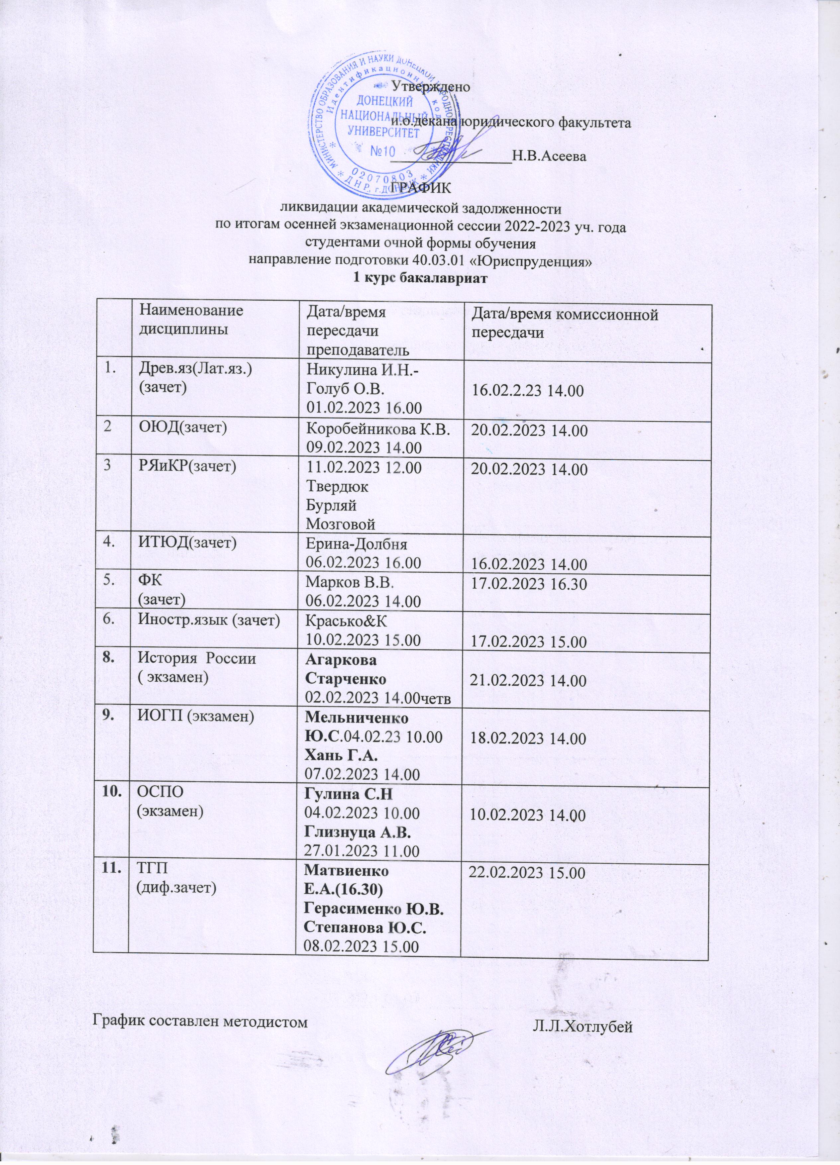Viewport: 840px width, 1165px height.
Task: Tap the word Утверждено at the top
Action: tap(431, 87)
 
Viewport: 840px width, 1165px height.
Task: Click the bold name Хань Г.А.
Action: tap(342, 756)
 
